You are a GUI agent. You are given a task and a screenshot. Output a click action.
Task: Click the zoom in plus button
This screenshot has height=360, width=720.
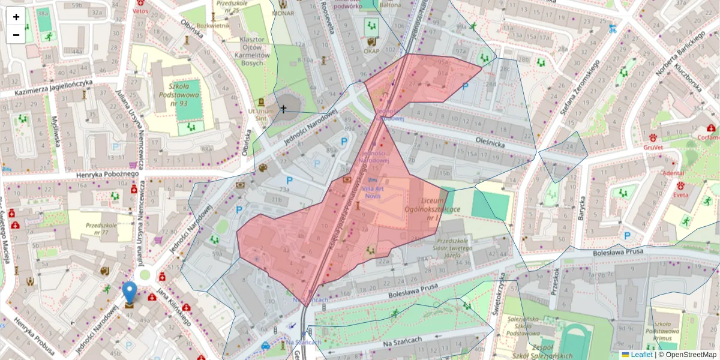click(x=16, y=17)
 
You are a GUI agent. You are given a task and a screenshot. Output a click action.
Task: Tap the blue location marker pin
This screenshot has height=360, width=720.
click(x=130, y=294)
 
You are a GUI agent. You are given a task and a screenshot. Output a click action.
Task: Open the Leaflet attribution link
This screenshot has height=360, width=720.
click(x=641, y=355)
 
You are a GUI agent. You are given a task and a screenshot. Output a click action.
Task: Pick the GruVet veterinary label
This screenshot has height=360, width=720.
click(x=655, y=147)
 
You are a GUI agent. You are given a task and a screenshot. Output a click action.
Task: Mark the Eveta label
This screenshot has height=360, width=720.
click(x=680, y=195)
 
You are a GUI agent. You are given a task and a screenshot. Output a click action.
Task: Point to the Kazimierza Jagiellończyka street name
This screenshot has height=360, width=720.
click(x=47, y=88)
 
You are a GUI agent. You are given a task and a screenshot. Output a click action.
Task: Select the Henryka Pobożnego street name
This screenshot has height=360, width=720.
click(x=107, y=174)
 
